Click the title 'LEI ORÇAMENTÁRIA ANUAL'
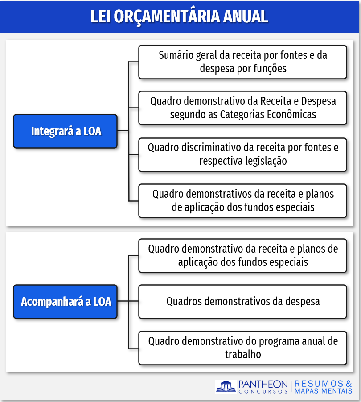180,16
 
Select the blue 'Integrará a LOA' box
65,131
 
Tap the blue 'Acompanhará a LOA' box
65,302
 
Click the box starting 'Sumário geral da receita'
242,62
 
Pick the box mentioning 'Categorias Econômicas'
242,108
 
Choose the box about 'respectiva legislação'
242,154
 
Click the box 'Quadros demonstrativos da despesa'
242,302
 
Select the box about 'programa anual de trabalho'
242,348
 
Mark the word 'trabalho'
243,355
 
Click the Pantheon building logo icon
226,386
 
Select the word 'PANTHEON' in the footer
263,384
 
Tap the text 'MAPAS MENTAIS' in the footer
324,391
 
